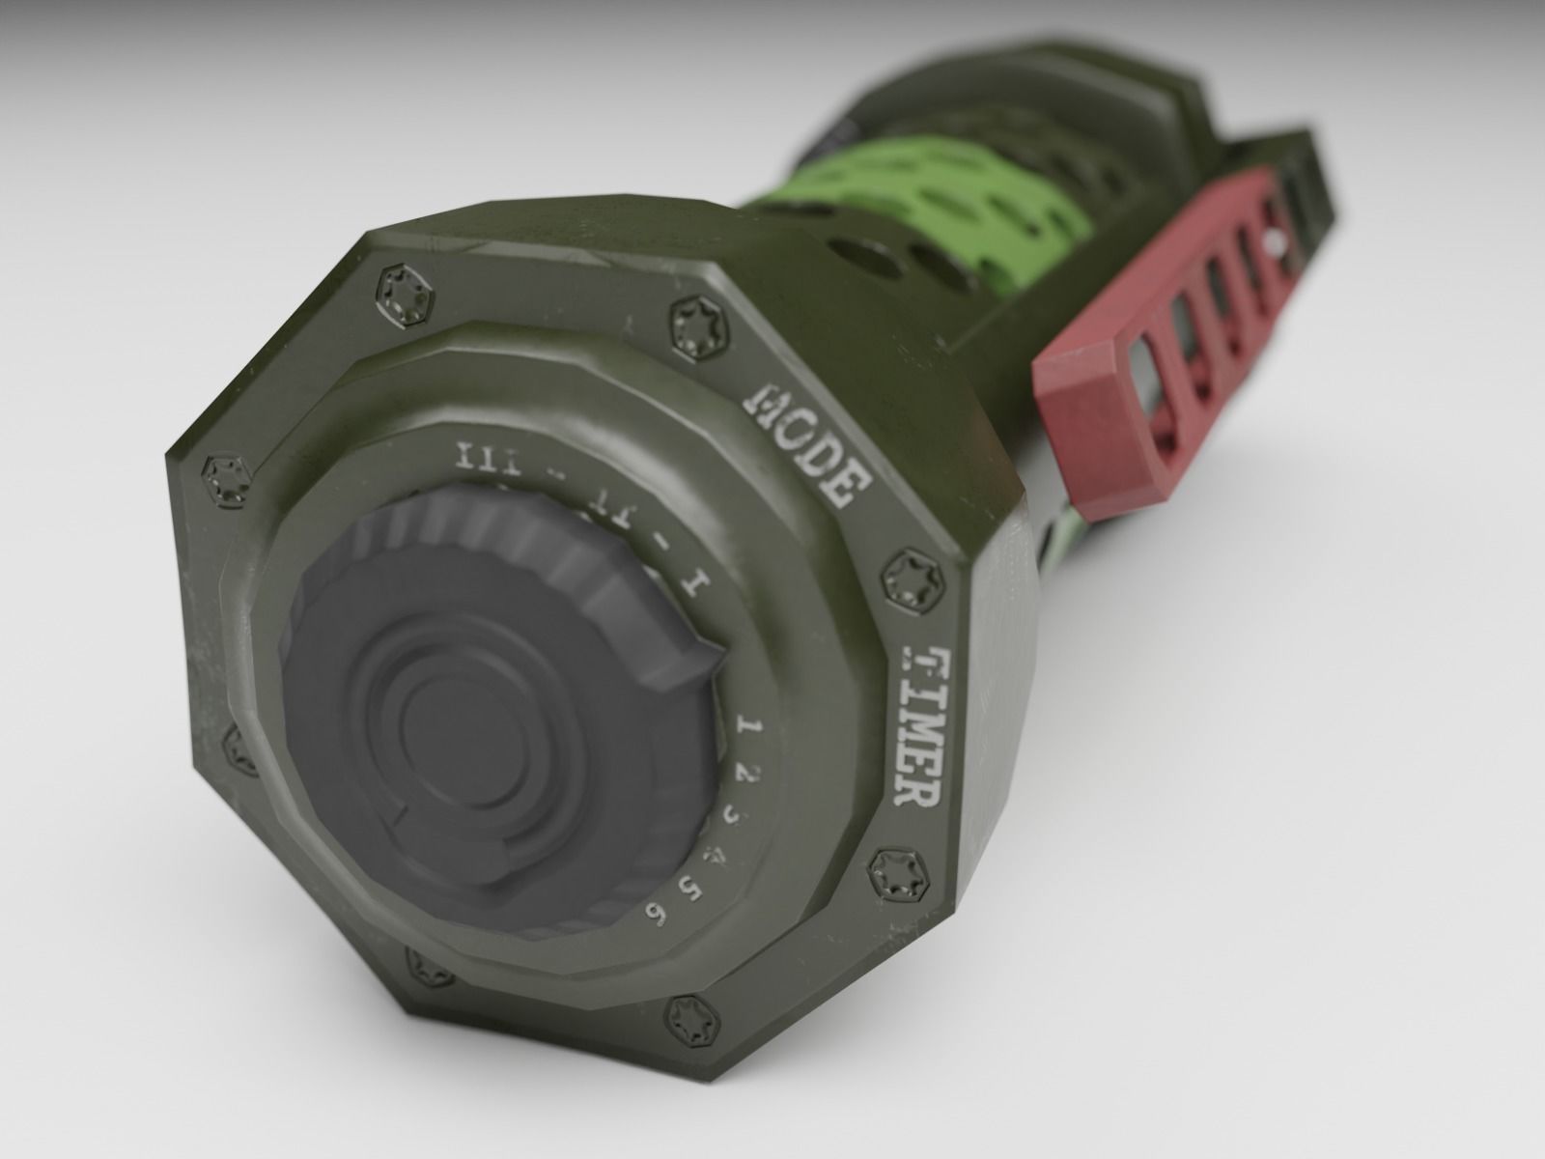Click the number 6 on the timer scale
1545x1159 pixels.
coord(659,915)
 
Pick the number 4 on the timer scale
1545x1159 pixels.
coord(715,855)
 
